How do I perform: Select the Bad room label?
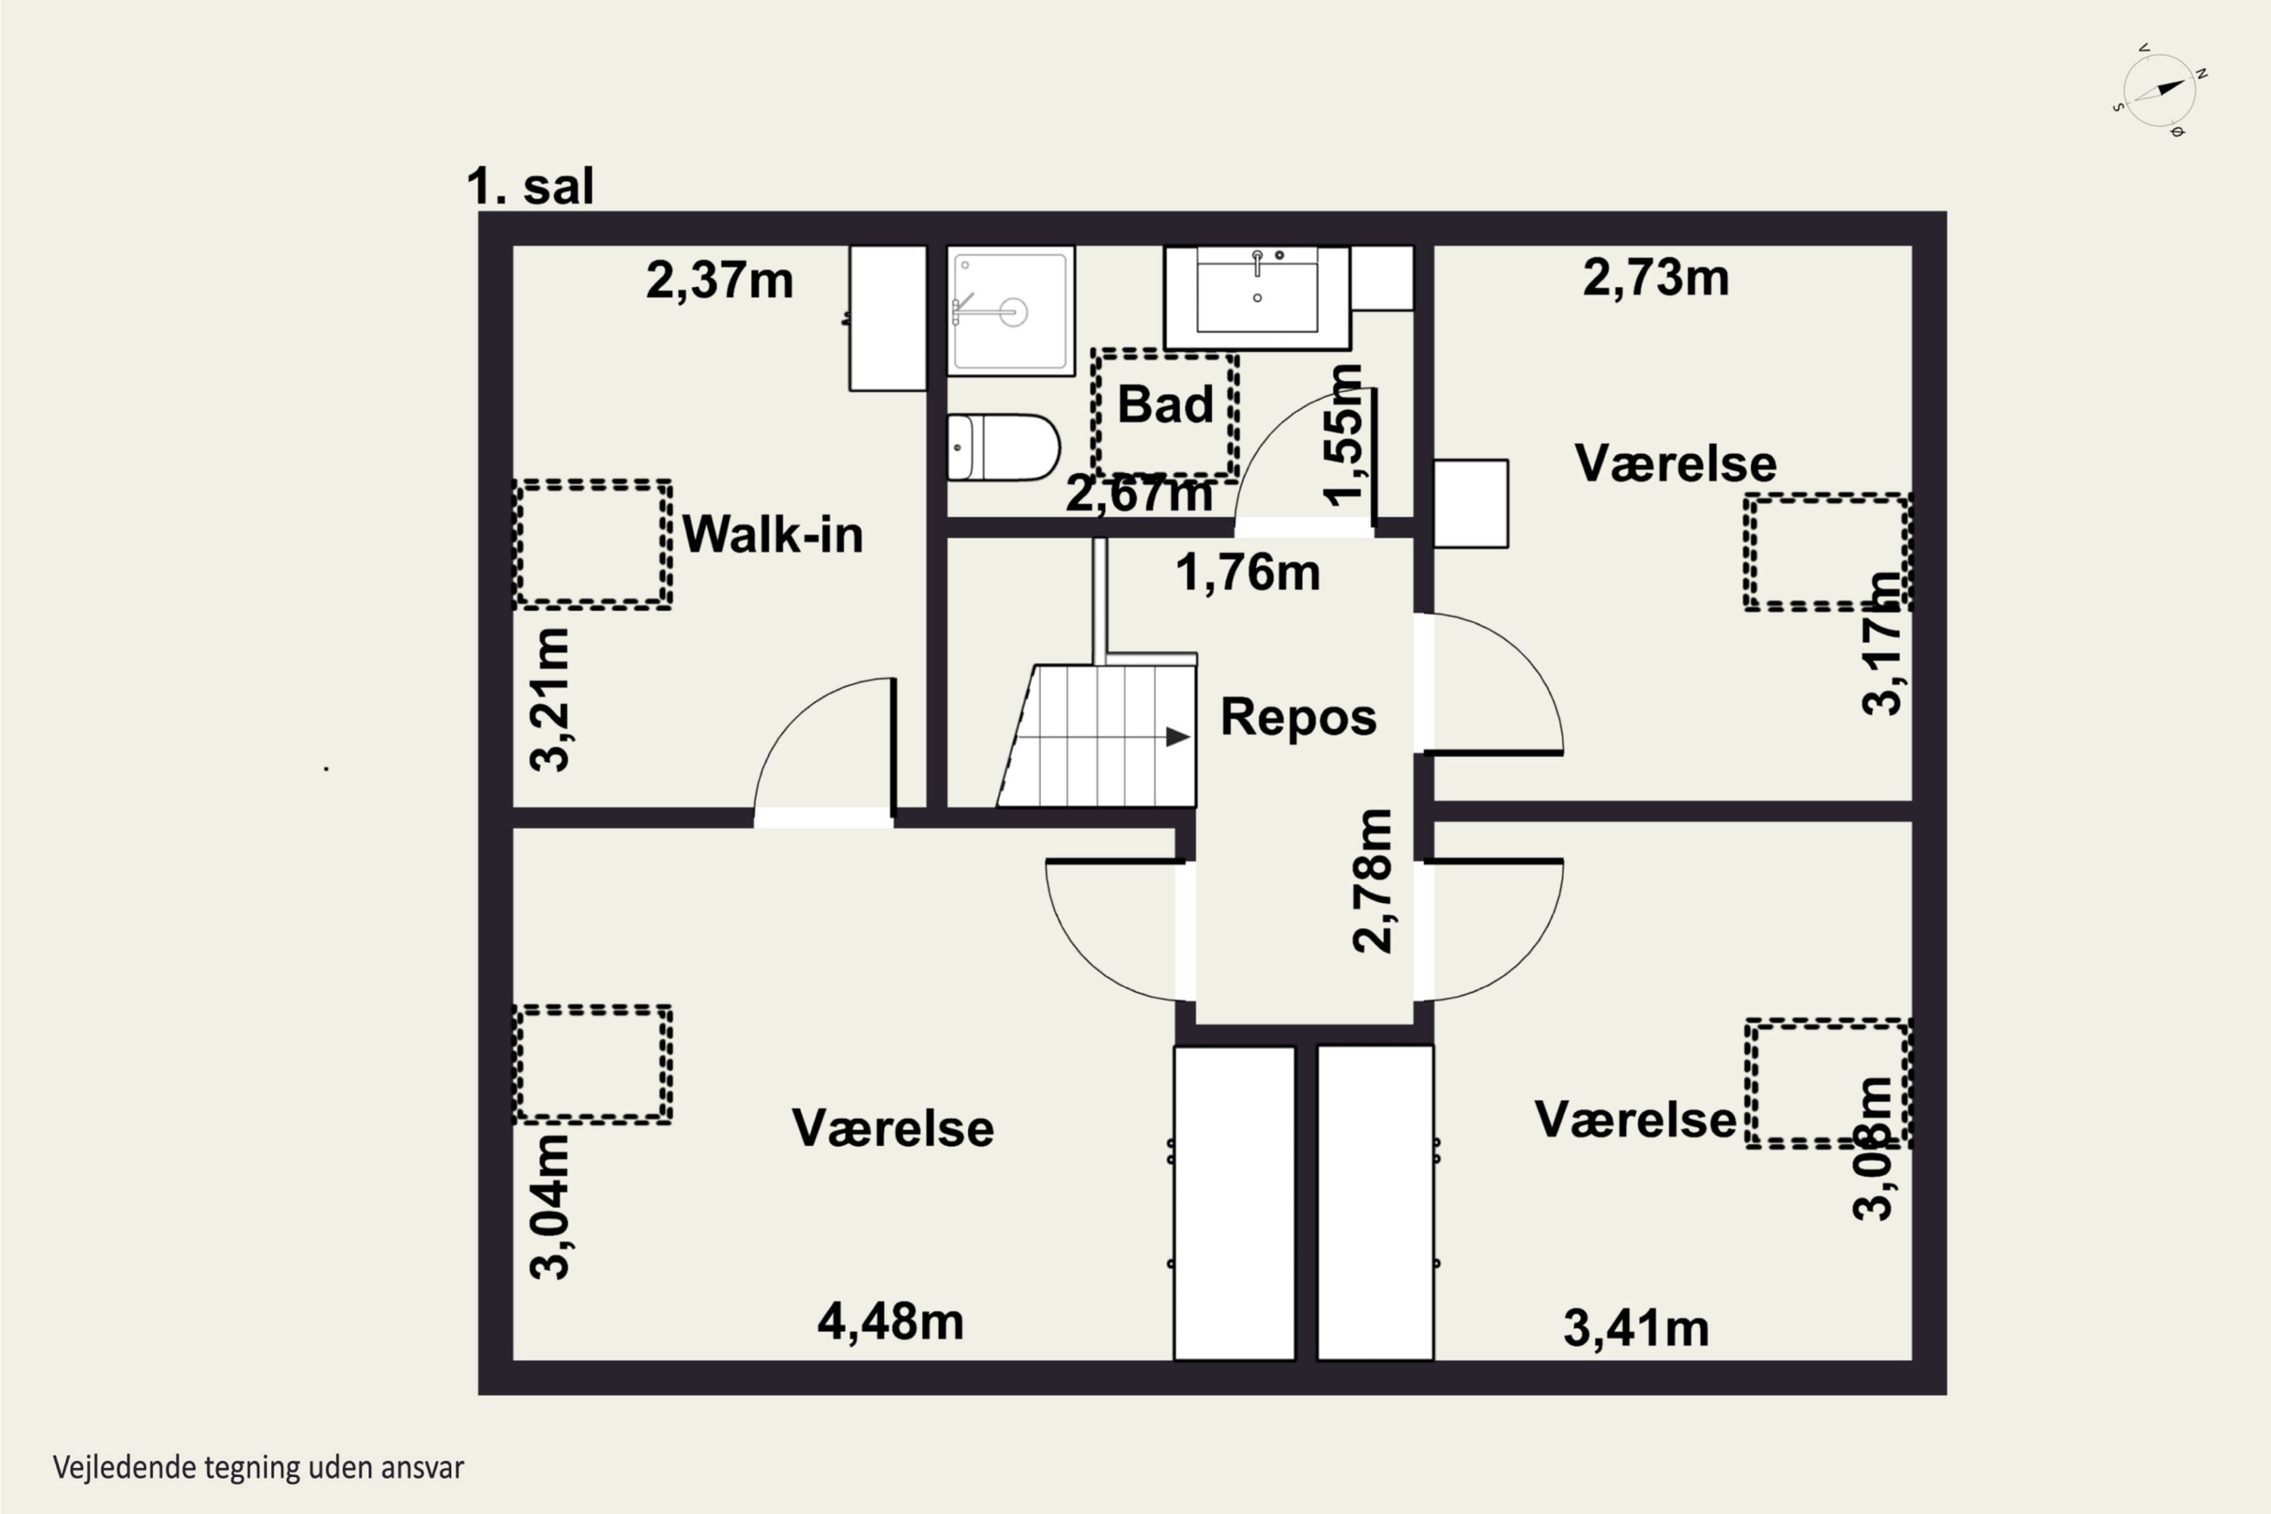click(x=1166, y=403)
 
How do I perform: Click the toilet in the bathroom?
click(x=1003, y=447)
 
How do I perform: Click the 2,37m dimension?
click(x=719, y=281)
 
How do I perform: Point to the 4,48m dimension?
click(x=890, y=1322)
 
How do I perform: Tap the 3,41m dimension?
click(x=1636, y=1329)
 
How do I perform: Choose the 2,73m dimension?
click(x=1655, y=278)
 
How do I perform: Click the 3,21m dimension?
click(x=550, y=699)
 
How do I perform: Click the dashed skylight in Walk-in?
click(x=592, y=544)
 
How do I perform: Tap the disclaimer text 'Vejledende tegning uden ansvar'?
click(x=258, y=1468)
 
